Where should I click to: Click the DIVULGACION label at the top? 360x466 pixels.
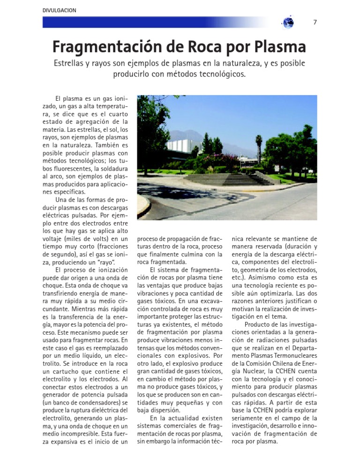(x=59, y=10)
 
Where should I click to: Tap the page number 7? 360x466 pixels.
(x=315, y=22)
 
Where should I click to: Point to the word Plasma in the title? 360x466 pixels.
(x=280, y=47)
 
